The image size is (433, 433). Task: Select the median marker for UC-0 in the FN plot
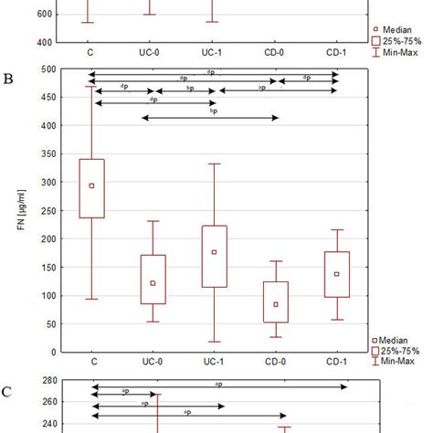152,283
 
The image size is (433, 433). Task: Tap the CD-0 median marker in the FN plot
276,304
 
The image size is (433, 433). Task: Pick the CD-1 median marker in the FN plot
336,274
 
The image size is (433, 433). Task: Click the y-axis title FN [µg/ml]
21,210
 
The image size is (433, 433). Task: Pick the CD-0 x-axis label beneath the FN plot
276,364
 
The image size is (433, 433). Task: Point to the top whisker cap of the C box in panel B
91,87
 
